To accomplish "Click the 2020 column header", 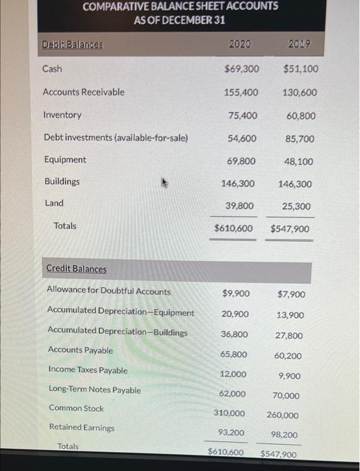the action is click(239, 44).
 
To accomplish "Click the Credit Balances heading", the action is click(76, 269).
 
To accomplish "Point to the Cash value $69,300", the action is click(242, 69).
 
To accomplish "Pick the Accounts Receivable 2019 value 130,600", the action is click(301, 92).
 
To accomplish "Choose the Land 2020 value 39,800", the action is click(241, 206).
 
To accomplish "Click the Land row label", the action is click(55, 203).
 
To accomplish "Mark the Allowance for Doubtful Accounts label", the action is click(108, 291).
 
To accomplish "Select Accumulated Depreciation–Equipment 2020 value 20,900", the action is click(235, 314).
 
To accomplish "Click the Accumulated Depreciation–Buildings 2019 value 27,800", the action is click(289, 336).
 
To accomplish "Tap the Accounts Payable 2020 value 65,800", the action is click(233, 354).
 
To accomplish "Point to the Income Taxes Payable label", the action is click(87, 370).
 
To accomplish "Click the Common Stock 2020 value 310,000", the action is click(229, 413).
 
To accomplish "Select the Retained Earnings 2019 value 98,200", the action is click(283, 435).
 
